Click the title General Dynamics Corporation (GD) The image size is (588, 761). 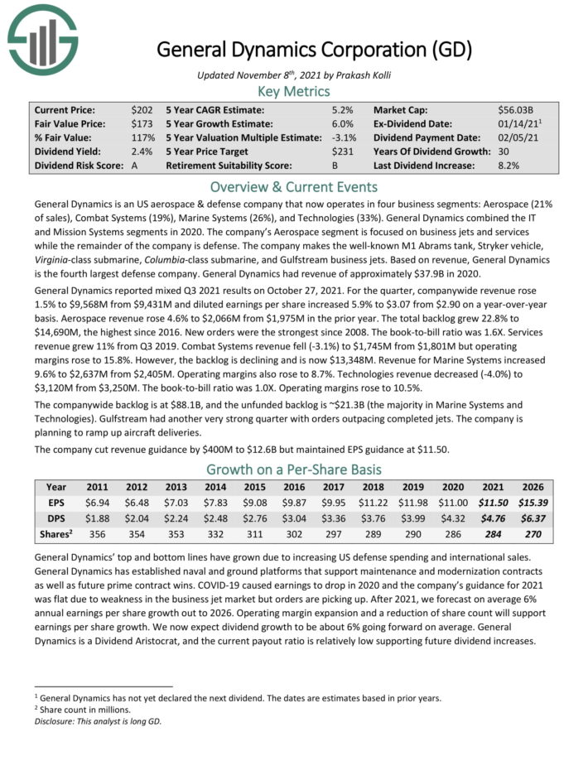pos(314,49)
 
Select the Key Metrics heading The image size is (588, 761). pos(294,91)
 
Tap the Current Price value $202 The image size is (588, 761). pos(141,109)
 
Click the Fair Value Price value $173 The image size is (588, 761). pos(141,123)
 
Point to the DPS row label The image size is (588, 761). pos(56,518)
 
